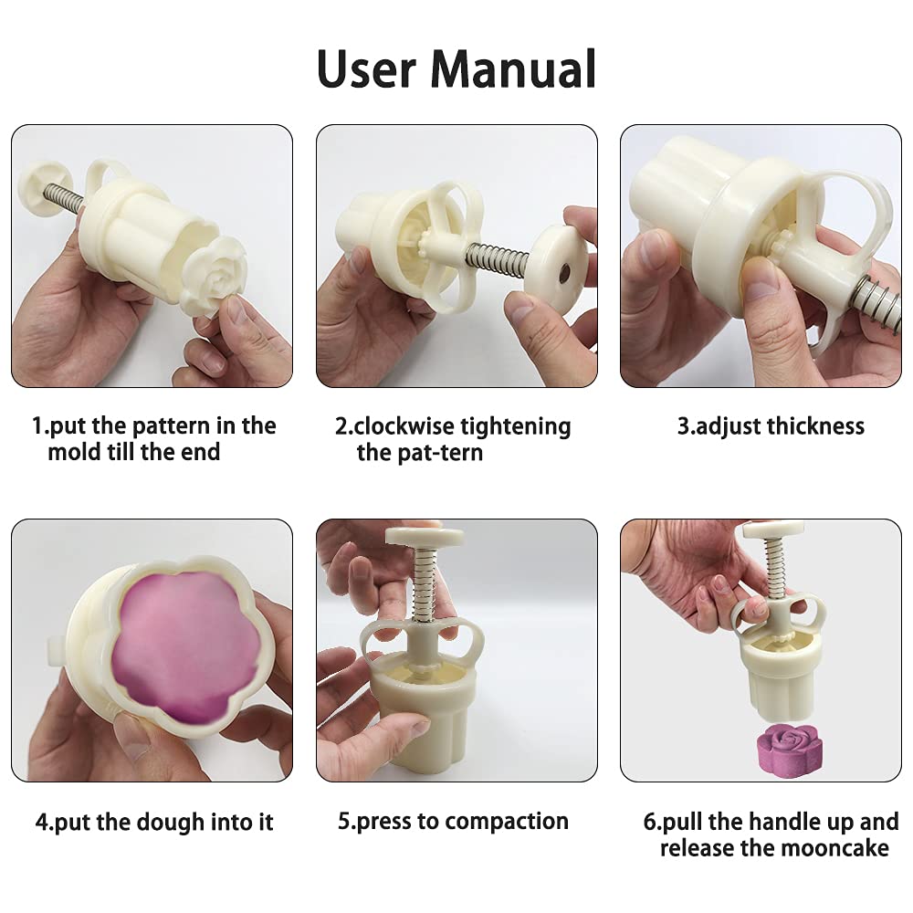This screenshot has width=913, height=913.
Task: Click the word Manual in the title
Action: (x=513, y=68)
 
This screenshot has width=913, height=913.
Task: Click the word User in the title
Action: (x=367, y=68)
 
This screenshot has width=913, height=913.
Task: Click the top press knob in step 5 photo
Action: (x=425, y=537)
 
